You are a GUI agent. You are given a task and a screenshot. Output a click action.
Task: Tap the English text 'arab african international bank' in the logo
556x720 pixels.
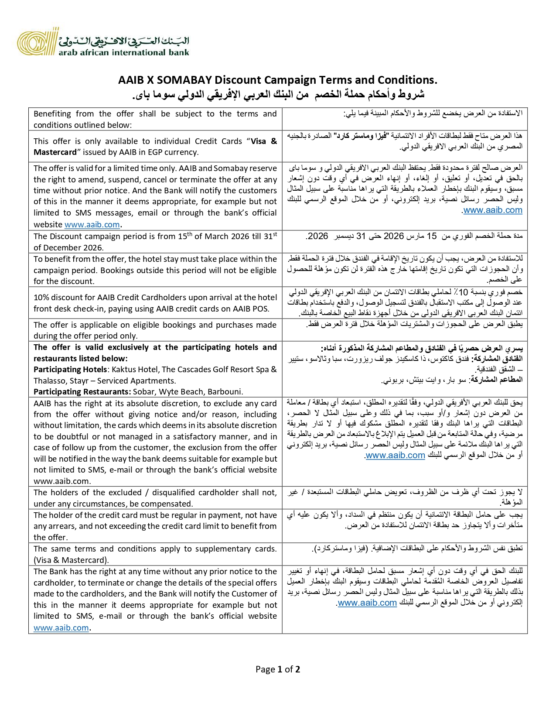(124, 53)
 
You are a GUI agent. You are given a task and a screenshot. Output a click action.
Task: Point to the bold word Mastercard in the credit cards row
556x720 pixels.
(54, 152)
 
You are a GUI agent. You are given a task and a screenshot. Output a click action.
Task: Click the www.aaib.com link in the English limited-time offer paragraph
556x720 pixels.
(92, 225)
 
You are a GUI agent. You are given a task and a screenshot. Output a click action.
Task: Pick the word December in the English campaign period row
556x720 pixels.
(59, 247)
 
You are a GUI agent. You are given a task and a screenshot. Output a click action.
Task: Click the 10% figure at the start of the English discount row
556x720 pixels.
(41, 298)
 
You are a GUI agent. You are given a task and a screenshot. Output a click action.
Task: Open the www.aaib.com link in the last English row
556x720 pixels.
(61, 628)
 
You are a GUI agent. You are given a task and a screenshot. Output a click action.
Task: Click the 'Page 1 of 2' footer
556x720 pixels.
(278, 669)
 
